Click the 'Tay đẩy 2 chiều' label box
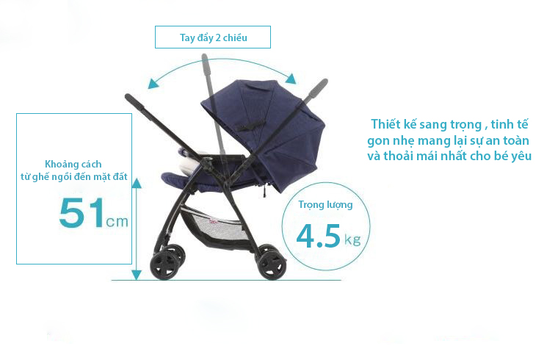(213, 37)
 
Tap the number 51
(82, 212)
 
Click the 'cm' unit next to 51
(117, 221)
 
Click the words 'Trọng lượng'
(325, 205)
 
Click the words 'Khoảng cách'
(73, 164)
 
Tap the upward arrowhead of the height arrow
(136, 184)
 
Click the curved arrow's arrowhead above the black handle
(153, 83)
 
